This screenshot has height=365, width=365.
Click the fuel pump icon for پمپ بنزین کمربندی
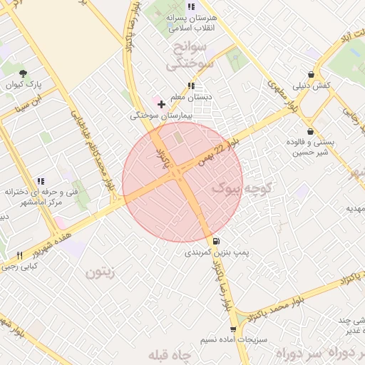click(x=216, y=241)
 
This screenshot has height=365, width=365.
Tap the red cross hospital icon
click(x=161, y=104)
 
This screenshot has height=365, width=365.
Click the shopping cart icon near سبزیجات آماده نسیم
click(x=233, y=329)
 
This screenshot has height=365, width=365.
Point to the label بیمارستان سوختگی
click(x=159, y=115)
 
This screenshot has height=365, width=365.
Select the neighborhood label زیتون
click(x=100, y=272)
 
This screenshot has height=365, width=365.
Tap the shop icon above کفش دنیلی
click(x=311, y=74)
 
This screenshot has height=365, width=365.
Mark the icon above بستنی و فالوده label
click(x=310, y=131)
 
